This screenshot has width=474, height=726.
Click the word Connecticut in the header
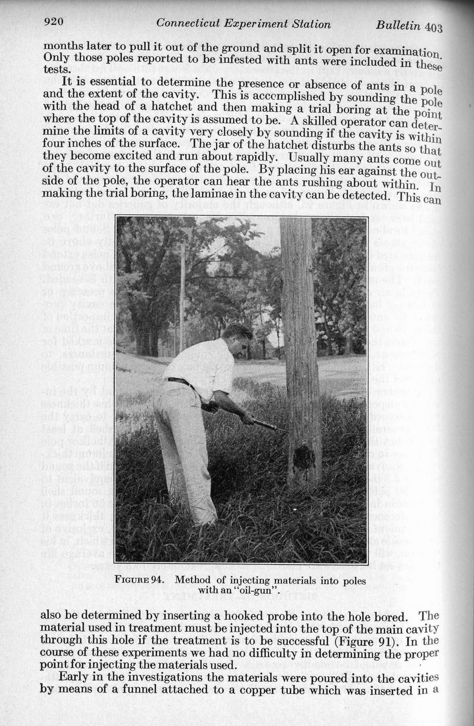(x=188, y=23)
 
